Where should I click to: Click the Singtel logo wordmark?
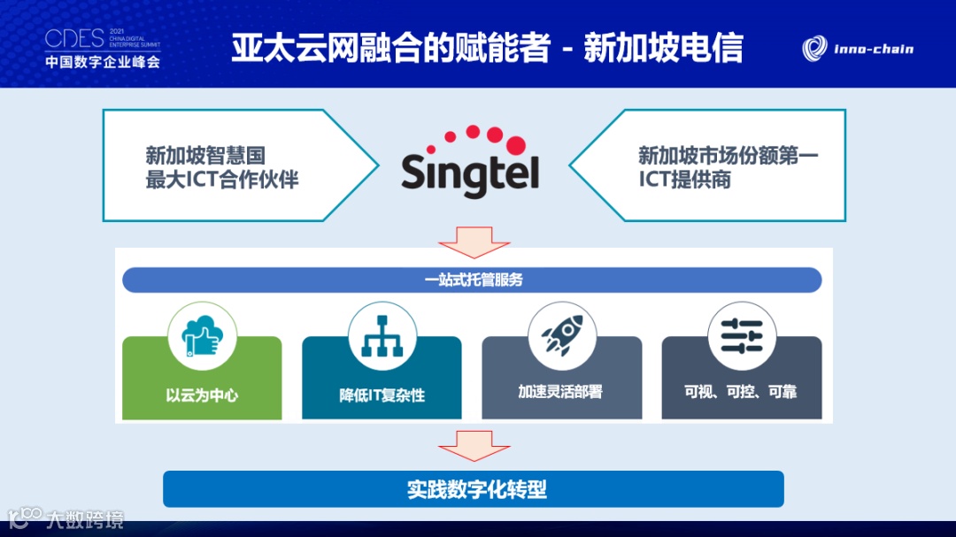click(470, 173)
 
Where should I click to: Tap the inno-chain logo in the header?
click(858, 49)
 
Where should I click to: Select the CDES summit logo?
click(103, 48)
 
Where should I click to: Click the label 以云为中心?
click(202, 395)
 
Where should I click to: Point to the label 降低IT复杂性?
click(382, 395)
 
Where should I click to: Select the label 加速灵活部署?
click(560, 391)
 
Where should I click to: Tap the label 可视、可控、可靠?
click(741, 391)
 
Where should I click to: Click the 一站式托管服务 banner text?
click(474, 280)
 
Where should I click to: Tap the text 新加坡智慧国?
click(205, 156)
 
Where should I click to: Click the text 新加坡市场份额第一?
click(728, 156)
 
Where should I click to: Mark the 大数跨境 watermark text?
click(85, 519)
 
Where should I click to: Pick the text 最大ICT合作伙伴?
click(222, 180)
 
